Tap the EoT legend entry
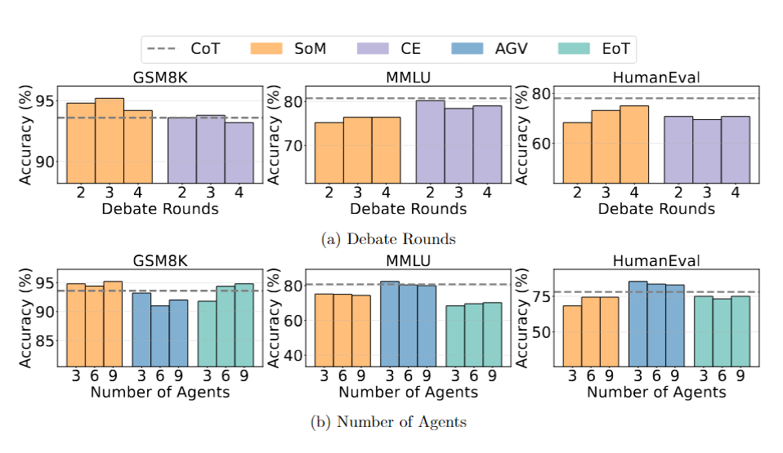click(594, 49)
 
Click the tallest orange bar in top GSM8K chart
click(109, 140)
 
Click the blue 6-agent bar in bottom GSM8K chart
click(159, 335)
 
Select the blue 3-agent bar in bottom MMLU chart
click(389, 323)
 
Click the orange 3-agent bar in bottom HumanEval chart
click(572, 335)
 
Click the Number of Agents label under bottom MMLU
click(408, 393)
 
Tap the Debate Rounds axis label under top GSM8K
click(160, 209)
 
